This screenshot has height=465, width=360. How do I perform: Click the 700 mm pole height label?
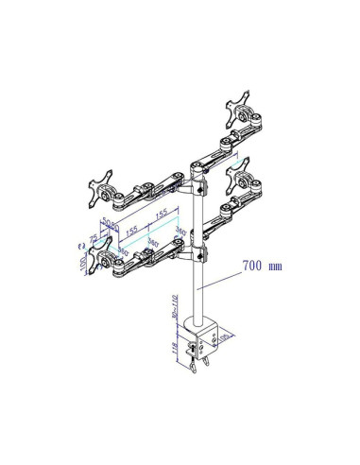262,266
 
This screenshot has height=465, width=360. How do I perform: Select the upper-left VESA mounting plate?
100,188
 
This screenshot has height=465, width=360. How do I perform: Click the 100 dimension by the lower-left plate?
84,259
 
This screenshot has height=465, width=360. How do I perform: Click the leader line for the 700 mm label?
223,276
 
